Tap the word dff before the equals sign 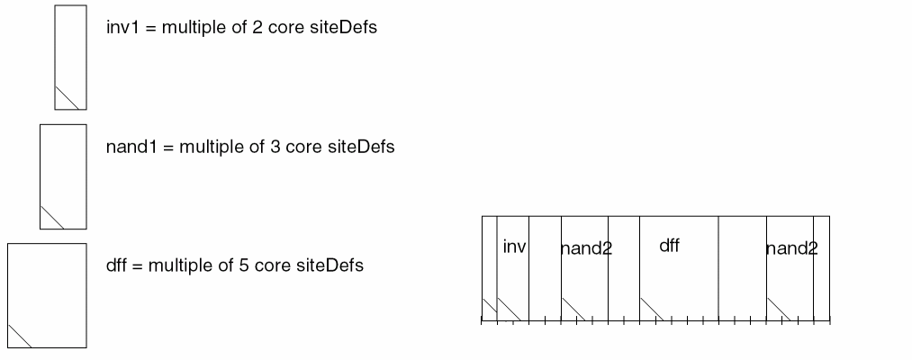[116, 266]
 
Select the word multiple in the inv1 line [191, 27]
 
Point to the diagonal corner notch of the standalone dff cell [20, 335]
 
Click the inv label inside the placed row [514, 247]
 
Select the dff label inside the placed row [669, 246]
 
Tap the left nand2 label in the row [586, 248]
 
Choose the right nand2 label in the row [791, 248]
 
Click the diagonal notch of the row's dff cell [652, 310]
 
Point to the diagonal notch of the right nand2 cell [779, 310]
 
